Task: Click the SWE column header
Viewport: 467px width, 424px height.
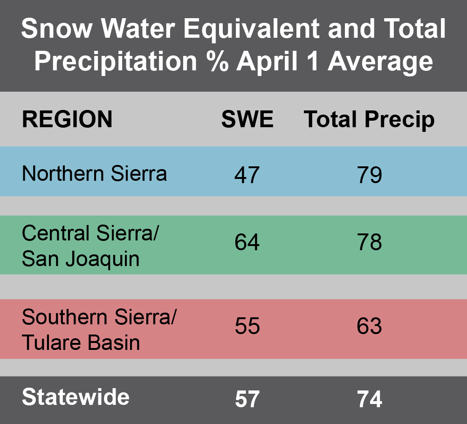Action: tap(247, 119)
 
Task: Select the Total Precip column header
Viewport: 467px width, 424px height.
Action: tap(369, 120)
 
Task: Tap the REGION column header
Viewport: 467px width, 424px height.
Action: tap(67, 119)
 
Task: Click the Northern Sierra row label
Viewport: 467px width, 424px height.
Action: tap(94, 173)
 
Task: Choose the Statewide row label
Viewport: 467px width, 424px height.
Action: tap(76, 397)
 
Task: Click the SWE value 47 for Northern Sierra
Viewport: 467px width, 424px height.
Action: tap(247, 176)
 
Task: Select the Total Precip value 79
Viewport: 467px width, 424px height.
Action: tap(370, 176)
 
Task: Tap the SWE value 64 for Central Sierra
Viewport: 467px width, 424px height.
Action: tap(247, 243)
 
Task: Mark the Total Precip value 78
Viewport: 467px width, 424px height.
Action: tap(370, 243)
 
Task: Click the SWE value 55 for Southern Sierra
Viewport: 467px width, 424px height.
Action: tap(247, 326)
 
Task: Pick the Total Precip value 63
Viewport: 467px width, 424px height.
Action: tap(370, 326)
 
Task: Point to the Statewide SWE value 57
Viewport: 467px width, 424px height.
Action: tap(247, 399)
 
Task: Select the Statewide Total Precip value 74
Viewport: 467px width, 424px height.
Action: tap(370, 399)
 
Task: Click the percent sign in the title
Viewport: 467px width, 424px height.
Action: tap(218, 62)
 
